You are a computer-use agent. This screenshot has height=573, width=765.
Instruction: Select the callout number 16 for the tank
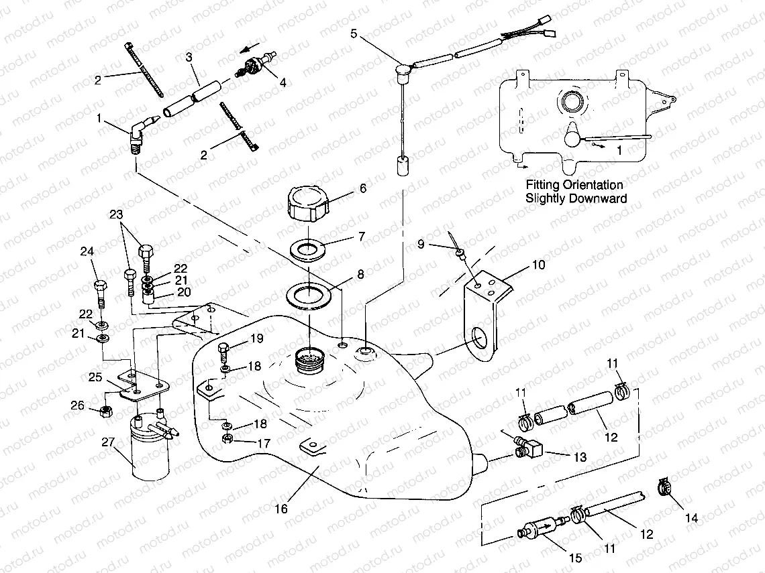[x=281, y=509]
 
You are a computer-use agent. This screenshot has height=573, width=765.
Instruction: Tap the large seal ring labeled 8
[x=308, y=294]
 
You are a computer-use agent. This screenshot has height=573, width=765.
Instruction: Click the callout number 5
[x=354, y=33]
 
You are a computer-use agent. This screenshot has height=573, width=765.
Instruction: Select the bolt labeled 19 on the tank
[x=225, y=351]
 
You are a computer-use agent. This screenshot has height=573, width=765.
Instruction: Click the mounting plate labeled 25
[x=144, y=389]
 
